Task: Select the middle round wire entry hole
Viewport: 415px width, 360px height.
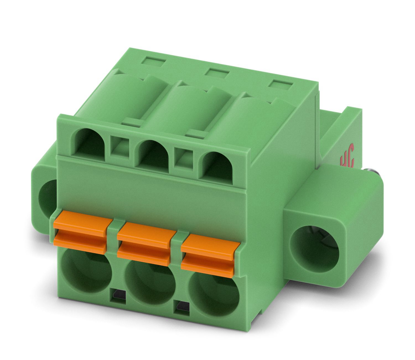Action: [150, 286]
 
